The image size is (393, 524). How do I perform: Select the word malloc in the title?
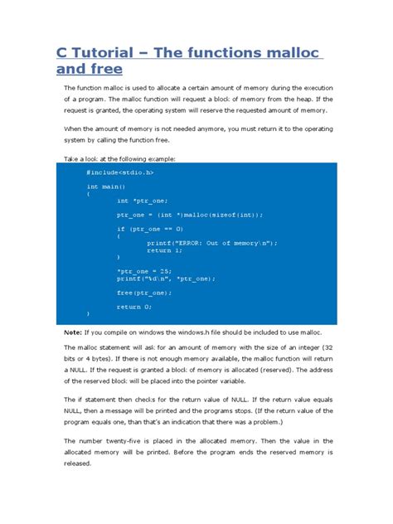coord(285,53)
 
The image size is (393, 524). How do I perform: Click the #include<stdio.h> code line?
coord(119,172)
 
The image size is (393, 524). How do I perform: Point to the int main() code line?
coord(104,187)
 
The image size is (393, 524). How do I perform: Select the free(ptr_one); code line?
coord(144,292)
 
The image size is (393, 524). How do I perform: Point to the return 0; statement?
coord(134,306)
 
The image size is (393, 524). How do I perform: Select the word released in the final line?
coord(80,464)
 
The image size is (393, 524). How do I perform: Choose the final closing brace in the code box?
coord(88,313)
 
